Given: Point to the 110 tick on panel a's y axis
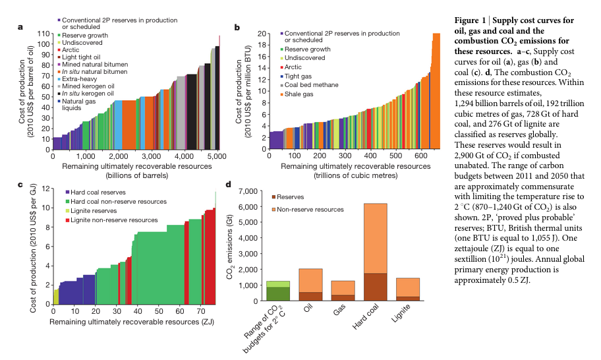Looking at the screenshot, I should coord(43,34).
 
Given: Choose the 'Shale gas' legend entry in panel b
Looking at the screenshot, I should coord(302,94).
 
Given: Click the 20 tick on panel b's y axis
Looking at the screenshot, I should coord(261,34).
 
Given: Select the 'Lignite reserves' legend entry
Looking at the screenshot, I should coord(92,210).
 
